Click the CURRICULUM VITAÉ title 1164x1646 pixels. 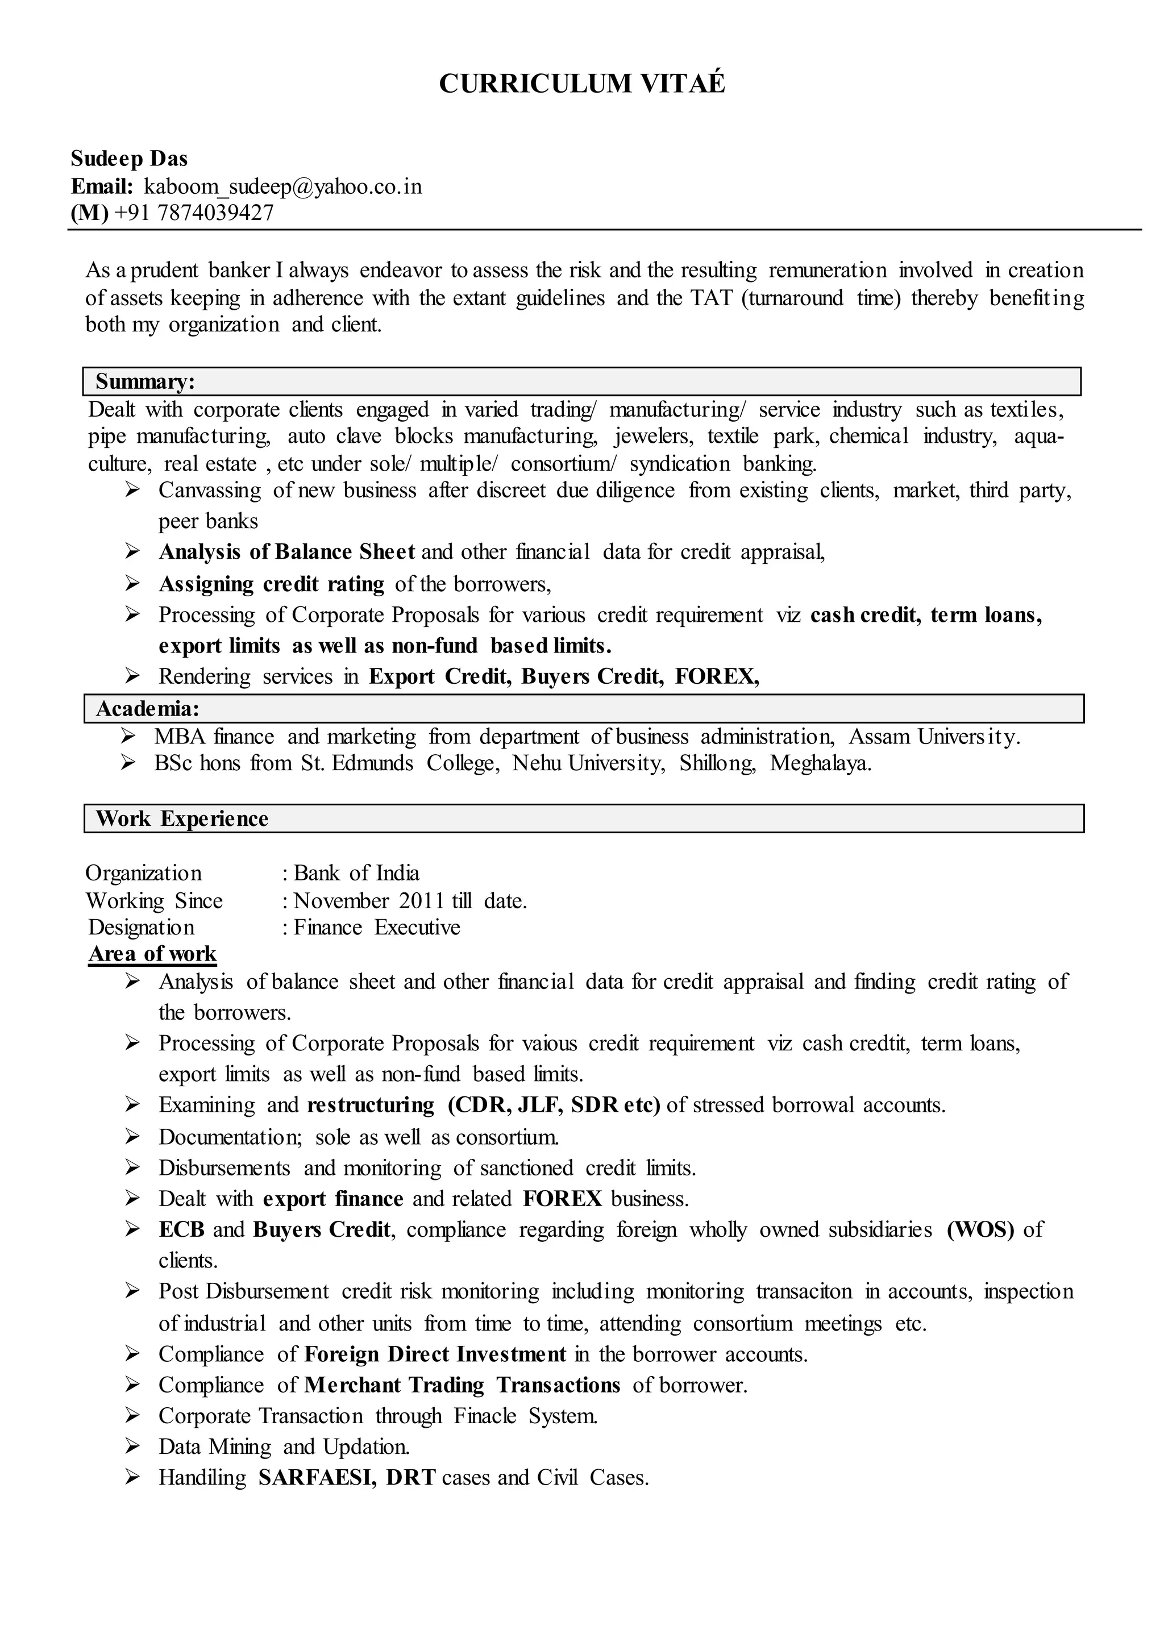[x=581, y=84]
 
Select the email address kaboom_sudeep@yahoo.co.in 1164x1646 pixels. [x=282, y=186]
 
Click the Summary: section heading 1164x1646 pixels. [x=145, y=381]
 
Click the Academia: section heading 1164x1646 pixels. [x=147, y=709]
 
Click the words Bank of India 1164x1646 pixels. [x=356, y=872]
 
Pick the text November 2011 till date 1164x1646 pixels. [x=410, y=900]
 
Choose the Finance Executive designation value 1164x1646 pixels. [x=376, y=927]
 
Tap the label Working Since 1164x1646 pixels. [x=154, y=900]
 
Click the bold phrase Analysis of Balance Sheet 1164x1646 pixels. [x=286, y=551]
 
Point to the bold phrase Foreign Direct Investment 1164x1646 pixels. [x=435, y=1354]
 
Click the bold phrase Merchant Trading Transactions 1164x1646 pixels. [x=462, y=1385]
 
